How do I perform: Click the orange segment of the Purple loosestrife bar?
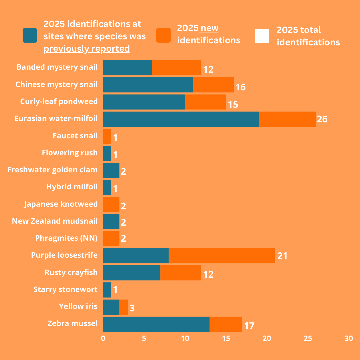click(222, 256)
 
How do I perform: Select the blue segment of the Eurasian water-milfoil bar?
click(181, 119)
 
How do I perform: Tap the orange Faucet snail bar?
click(107, 136)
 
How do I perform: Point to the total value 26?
click(322, 119)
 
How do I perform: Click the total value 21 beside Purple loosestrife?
click(282, 256)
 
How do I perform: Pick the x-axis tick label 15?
click(226, 339)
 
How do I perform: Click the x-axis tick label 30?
click(348, 339)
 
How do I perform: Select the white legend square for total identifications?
click(262, 36)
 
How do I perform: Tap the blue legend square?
click(30, 36)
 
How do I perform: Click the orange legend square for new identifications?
click(163, 36)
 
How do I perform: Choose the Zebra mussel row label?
click(73, 323)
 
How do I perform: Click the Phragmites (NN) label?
click(66, 238)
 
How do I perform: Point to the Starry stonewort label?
click(65, 289)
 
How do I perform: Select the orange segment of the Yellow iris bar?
click(123, 307)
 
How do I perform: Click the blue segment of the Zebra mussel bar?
click(156, 324)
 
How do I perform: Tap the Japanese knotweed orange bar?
click(111, 204)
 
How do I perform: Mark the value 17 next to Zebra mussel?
click(249, 326)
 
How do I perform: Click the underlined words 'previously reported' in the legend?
click(87, 49)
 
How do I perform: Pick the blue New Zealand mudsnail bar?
click(111, 222)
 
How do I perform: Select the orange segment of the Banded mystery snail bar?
click(177, 68)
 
